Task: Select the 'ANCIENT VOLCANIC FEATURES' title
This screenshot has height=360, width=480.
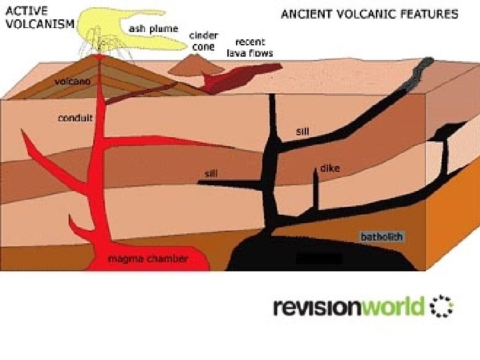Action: pyautogui.click(x=369, y=13)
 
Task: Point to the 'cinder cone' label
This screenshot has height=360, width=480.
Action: pyautogui.click(x=201, y=41)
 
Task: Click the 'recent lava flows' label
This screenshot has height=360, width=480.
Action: pyautogui.click(x=250, y=47)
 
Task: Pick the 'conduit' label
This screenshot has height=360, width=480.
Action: pyautogui.click(x=75, y=118)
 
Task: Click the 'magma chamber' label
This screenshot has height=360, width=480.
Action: pyautogui.click(x=148, y=258)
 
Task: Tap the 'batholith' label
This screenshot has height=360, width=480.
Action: pyautogui.click(x=381, y=237)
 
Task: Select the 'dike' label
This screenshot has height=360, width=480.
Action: pyautogui.click(x=330, y=169)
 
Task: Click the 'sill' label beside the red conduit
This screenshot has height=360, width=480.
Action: pyautogui.click(x=211, y=173)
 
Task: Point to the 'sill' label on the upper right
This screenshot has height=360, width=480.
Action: pyautogui.click(x=303, y=131)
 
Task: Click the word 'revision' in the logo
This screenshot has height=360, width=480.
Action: pyautogui.click(x=317, y=307)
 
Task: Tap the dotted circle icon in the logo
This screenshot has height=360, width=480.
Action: pyautogui.click(x=442, y=307)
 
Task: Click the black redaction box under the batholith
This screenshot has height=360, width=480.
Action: pyautogui.click(x=318, y=258)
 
